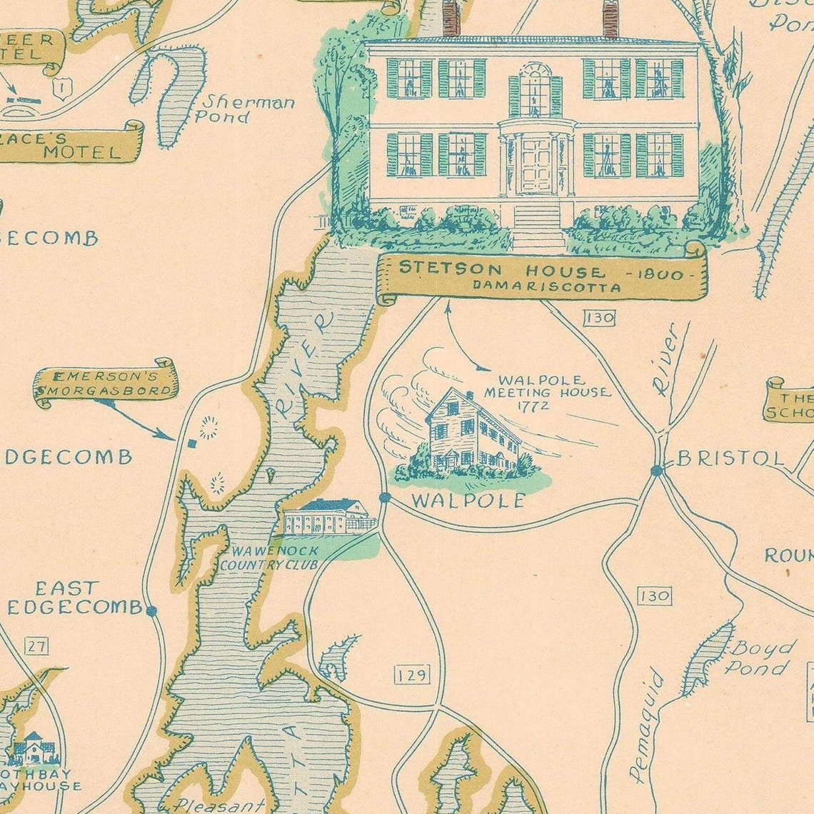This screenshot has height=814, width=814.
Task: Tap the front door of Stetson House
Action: [536, 166]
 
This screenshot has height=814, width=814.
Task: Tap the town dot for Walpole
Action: [385, 497]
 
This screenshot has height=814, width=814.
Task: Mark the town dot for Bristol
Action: [656, 470]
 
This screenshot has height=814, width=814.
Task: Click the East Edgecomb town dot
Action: [151, 610]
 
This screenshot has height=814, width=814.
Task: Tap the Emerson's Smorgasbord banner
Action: [106, 383]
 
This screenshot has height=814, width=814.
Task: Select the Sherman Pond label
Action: [245, 109]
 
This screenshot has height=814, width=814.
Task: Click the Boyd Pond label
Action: [759, 658]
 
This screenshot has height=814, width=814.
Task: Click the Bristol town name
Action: [730, 458]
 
